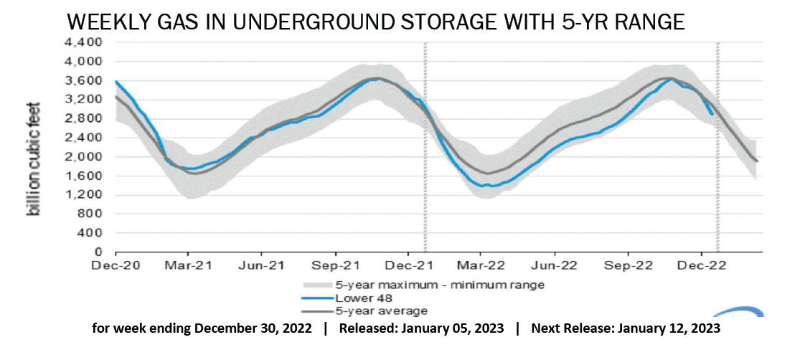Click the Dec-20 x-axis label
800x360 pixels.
[116, 265]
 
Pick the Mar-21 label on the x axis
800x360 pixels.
[189, 265]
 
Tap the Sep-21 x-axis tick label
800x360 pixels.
[335, 265]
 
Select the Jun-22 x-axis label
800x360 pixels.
[555, 265]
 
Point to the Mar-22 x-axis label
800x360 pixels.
[481, 265]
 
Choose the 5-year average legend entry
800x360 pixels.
[380, 311]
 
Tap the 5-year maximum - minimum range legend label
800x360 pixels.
[439, 285]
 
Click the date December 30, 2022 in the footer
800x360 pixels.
[254, 329]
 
